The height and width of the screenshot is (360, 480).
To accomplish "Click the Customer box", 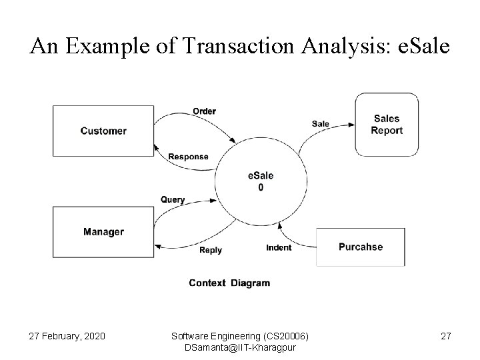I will [103, 131].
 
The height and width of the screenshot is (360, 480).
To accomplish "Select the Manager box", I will [103, 232].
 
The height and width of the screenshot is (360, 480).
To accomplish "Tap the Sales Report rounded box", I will [387, 125].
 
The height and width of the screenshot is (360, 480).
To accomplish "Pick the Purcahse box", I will [361, 247].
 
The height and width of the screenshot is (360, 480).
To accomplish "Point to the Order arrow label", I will [204, 111].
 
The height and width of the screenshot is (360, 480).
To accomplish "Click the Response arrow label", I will [188, 157].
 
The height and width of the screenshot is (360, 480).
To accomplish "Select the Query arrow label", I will [173, 199].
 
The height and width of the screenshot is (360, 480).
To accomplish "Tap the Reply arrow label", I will [211, 250].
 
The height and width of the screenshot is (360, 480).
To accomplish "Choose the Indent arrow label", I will [279, 247].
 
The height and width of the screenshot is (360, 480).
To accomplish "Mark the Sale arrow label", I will [320, 123].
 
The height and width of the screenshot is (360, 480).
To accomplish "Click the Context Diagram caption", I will [229, 283].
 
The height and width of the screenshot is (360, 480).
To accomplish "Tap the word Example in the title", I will [99, 47].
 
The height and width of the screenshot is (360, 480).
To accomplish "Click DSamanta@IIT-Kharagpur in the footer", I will [240, 347].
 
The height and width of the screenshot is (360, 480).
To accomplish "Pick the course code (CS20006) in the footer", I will [287, 335].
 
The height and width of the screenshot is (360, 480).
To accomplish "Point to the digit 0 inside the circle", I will [261, 187].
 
